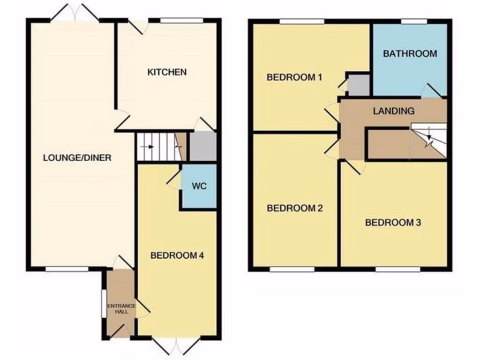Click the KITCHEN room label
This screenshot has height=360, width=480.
pos(167,72)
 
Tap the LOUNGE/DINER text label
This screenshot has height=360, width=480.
pos(77,158)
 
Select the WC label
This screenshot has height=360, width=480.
pos(199,185)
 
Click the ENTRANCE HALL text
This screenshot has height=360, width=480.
pos(121,308)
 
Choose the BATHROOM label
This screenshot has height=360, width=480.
pos(410,53)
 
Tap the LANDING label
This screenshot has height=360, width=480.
pos(393,111)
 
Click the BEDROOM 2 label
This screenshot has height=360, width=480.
pos(295,208)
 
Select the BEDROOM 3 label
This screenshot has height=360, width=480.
pos(393,222)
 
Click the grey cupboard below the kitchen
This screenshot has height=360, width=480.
pos(202,146)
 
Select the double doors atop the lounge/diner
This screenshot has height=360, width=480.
pos(75,13)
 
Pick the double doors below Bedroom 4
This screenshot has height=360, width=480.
pos(177,346)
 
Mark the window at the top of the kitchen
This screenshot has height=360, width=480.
pos(181,21)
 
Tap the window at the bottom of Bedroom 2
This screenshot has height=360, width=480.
pos(292,270)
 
